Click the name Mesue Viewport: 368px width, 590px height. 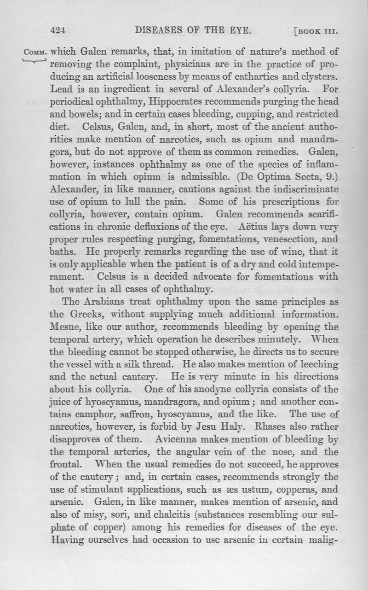pyautogui.click(x=64, y=327)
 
